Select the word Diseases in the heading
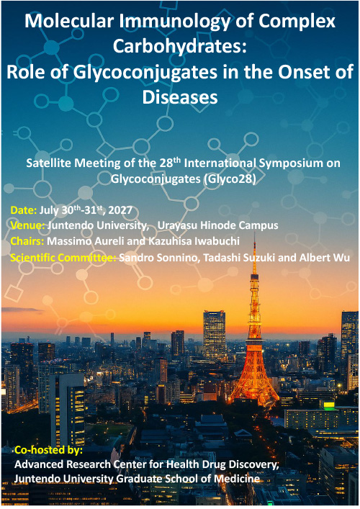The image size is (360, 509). tap(180, 96)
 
